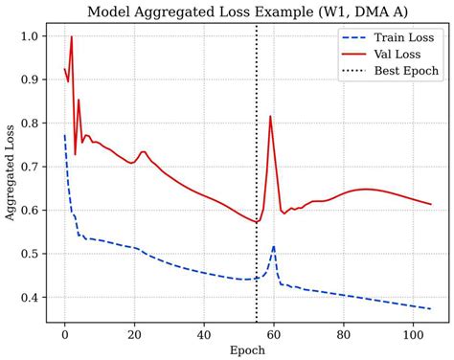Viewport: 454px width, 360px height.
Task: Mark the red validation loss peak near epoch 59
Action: pyautogui.click(x=270, y=116)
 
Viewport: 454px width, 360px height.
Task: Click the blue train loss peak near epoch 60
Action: pyautogui.click(x=274, y=246)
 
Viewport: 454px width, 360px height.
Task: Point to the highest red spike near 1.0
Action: pyautogui.click(x=72, y=37)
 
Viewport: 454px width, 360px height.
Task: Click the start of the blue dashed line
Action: pyautogui.click(x=65, y=136)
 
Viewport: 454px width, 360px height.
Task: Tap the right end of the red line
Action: pyautogui.click(x=431, y=204)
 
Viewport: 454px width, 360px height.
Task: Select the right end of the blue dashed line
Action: pyautogui.click(x=431, y=309)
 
